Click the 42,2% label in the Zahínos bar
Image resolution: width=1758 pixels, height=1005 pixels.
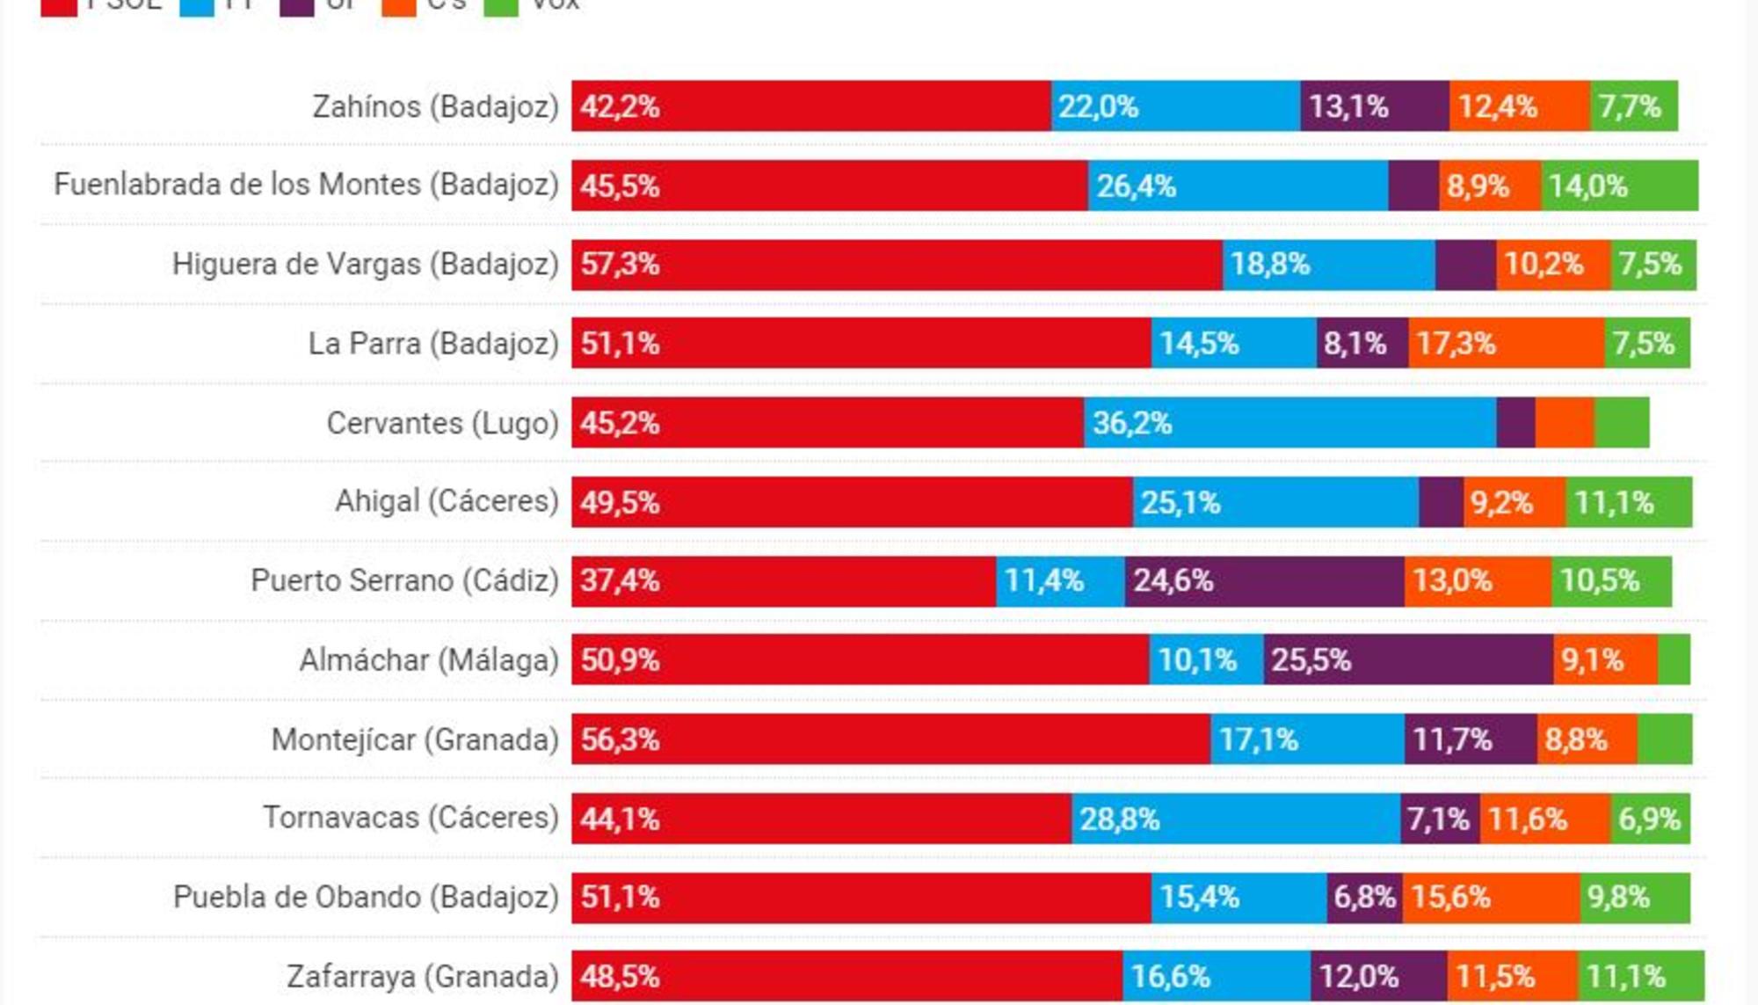pyautogui.click(x=620, y=106)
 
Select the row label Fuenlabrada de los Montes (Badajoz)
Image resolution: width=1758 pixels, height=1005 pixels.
pyautogui.click(x=306, y=185)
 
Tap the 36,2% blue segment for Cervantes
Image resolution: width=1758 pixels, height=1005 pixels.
pyautogui.click(x=1289, y=423)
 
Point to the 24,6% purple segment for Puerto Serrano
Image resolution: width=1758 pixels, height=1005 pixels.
pyautogui.click(x=1264, y=581)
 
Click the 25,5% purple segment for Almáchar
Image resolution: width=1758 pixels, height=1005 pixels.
pyautogui.click(x=1408, y=659)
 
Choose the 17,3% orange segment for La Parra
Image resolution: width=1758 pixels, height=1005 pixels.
pyautogui.click(x=1506, y=343)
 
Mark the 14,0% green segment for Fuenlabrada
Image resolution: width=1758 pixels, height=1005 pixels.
pyautogui.click(x=1619, y=186)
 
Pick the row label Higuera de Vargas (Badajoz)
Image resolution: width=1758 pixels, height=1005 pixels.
pyautogui.click(x=365, y=264)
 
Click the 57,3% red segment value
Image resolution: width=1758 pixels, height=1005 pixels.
pyautogui.click(x=620, y=264)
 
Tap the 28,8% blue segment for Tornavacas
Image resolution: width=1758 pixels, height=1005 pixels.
pyautogui.click(x=1235, y=819)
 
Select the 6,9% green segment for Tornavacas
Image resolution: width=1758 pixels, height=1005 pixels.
pyautogui.click(x=1650, y=819)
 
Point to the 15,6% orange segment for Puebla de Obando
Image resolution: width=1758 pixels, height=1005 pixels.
pyautogui.click(x=1491, y=898)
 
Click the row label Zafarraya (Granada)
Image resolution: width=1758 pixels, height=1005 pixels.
pyautogui.click(x=422, y=977)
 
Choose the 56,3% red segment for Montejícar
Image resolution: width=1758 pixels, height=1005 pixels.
pyautogui.click(x=890, y=739)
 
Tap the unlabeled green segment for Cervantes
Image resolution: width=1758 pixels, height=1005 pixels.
pyautogui.click(x=1622, y=423)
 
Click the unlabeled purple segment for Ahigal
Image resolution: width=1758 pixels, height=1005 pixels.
pyautogui.click(x=1441, y=502)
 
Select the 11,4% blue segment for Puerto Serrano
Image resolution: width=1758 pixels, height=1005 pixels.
pyautogui.click(x=1060, y=581)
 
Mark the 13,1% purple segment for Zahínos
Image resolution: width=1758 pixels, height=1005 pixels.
pyautogui.click(x=1374, y=106)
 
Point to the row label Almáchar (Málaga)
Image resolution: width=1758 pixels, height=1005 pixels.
pyautogui.click(x=428, y=659)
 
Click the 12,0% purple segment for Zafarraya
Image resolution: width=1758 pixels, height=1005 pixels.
pyautogui.click(x=1378, y=977)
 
